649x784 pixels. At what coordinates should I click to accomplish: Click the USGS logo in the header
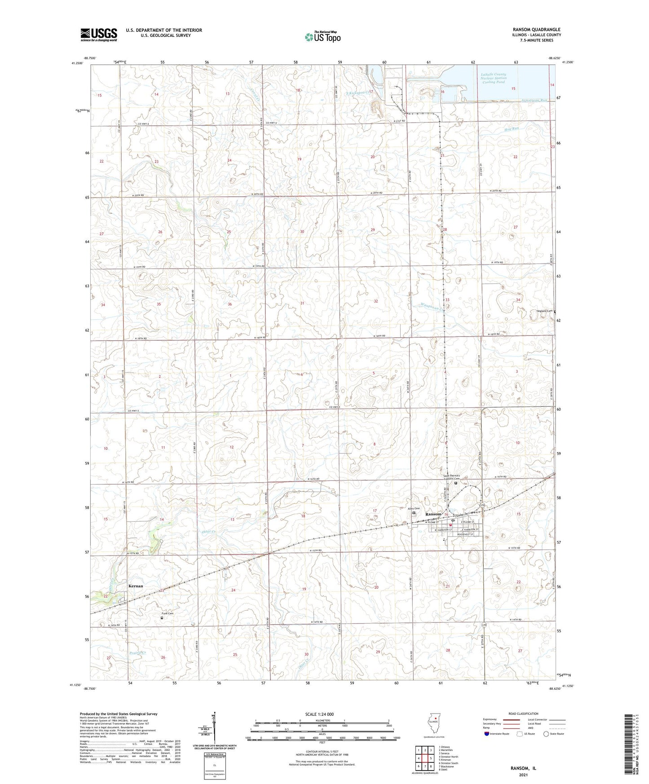[x=99, y=35]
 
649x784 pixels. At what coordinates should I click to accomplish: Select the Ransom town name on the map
[x=433, y=514]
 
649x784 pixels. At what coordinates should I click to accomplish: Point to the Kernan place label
[x=136, y=586]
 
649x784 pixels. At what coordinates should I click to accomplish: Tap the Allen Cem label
[x=413, y=508]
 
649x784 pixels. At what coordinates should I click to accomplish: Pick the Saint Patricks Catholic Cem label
[x=451, y=477]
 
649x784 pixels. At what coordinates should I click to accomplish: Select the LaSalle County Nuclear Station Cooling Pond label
[x=493, y=78]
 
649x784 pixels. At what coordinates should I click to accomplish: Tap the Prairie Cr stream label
[x=138, y=652]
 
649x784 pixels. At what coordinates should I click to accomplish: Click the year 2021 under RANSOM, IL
[x=523, y=775]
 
